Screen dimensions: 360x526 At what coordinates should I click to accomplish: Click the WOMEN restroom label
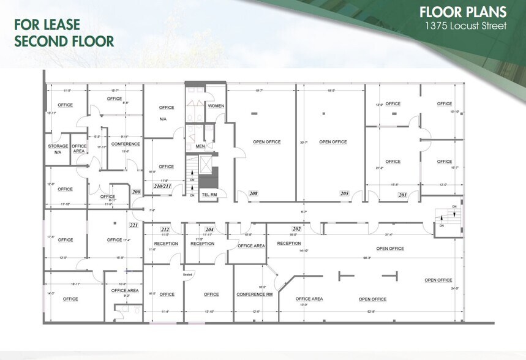point(216,106)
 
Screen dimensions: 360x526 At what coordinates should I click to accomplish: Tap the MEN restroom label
point(200,146)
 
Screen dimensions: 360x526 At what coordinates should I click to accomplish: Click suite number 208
point(254,193)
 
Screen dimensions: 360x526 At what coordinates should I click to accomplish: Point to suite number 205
point(345,193)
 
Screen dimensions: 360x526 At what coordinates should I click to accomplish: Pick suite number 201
point(402,195)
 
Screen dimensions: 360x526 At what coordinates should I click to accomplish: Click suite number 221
point(134,225)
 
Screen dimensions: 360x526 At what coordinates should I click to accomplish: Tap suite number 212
point(165,229)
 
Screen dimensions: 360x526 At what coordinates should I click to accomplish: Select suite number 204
point(209,229)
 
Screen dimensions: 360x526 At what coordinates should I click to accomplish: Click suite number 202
point(296,229)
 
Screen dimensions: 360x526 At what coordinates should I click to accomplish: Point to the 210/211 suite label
point(163,186)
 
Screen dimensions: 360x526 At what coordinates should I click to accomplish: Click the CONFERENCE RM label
point(254,294)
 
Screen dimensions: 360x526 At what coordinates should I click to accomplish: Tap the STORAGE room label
point(58,146)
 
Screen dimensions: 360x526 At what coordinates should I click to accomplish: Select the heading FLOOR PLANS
point(463,12)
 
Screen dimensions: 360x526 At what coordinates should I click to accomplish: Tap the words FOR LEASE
point(47,26)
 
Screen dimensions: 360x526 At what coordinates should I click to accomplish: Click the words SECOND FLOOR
point(64,42)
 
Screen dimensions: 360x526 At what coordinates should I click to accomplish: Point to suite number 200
point(136,192)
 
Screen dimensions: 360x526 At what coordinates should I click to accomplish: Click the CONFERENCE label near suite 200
point(126,144)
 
